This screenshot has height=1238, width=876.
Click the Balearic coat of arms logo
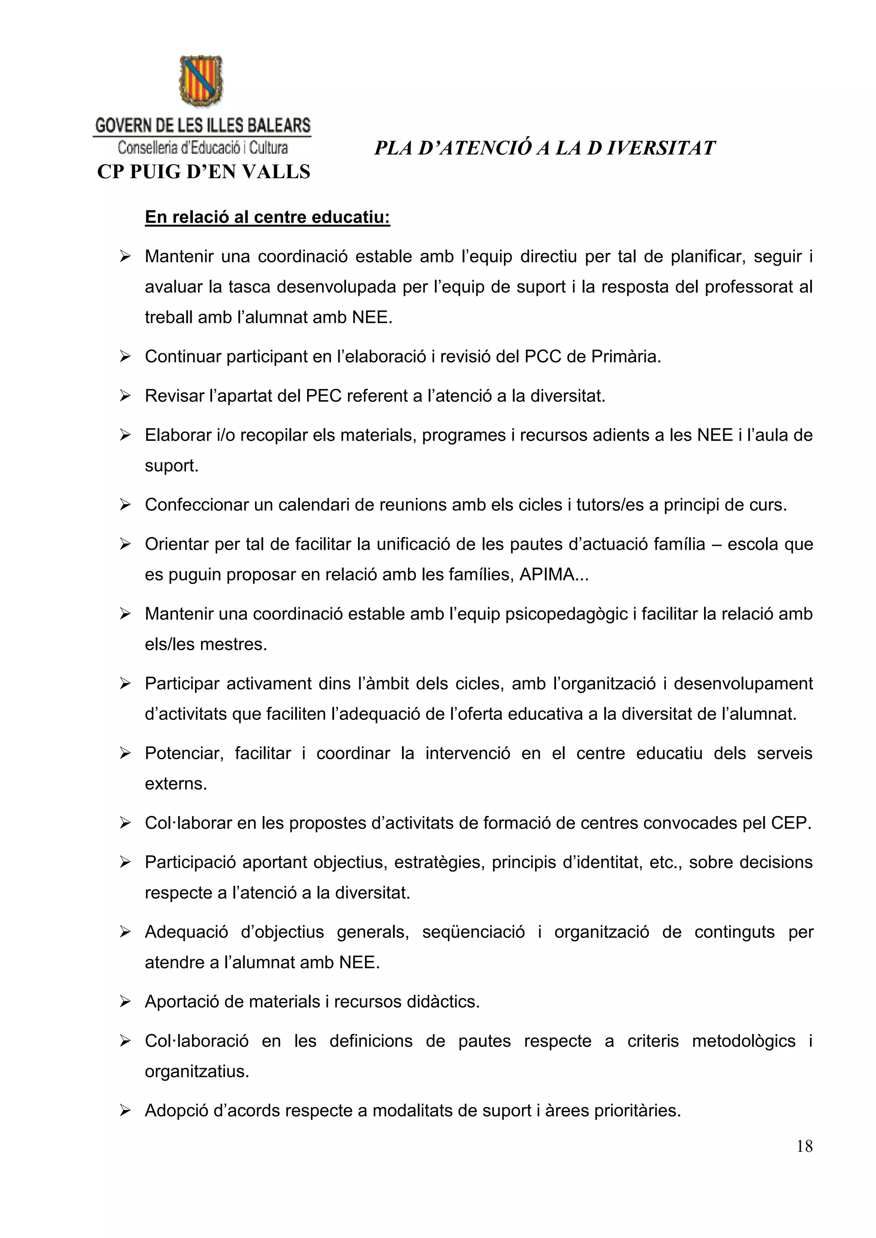tap(201, 81)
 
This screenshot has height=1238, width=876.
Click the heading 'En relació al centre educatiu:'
tap(267, 217)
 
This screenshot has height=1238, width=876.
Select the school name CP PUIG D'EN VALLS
tap(203, 171)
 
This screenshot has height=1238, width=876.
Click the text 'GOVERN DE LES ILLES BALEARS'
tap(203, 126)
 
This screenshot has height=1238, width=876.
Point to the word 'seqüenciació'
tap(473, 932)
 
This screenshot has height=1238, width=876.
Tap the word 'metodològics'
tap(743, 1041)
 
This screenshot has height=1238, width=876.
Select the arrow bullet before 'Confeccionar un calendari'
tap(125, 505)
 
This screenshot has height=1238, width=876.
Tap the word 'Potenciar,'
tap(184, 753)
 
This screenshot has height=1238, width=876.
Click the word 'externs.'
tap(176, 784)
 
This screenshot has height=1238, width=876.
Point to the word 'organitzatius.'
tap(197, 1071)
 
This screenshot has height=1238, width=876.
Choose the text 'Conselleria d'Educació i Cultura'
tap(203, 147)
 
